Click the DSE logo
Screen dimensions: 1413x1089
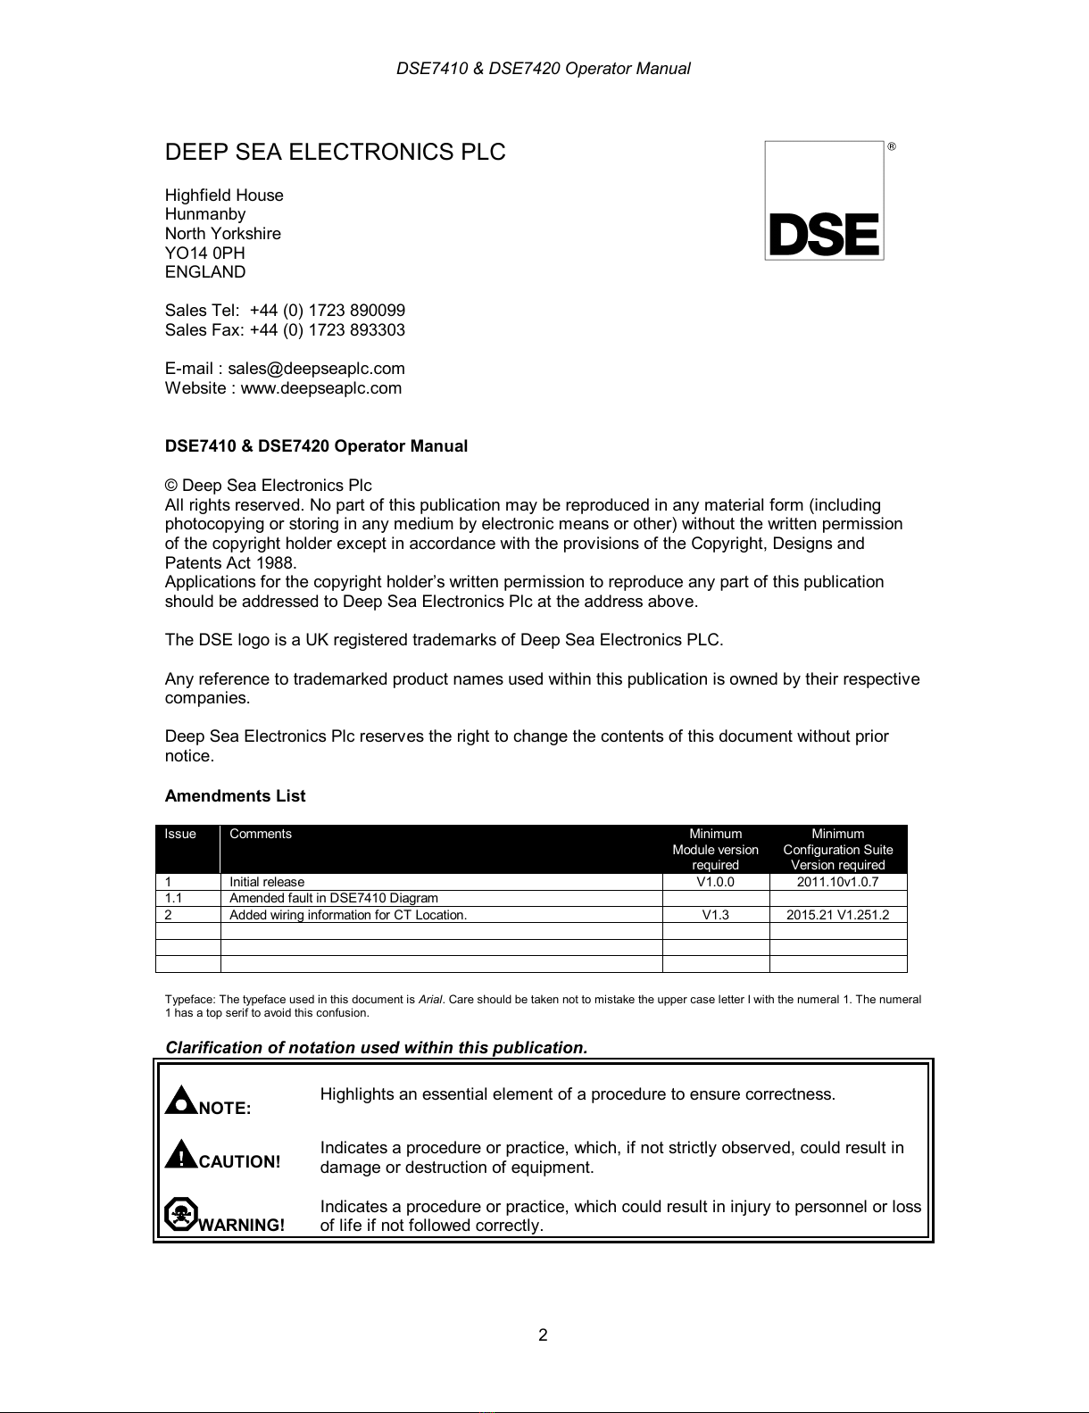pos(824,201)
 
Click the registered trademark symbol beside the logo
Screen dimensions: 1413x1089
pos(891,146)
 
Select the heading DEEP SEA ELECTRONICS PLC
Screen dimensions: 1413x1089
pos(335,153)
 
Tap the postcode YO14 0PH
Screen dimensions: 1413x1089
pos(204,253)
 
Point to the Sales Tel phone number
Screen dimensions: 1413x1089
pos(327,311)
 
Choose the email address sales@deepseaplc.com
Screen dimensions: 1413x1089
pos(316,369)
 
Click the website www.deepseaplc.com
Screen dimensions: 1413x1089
pos(320,388)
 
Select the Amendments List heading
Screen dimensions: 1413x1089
pos(235,796)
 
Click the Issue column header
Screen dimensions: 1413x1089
pos(180,834)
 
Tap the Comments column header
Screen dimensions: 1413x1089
pos(261,834)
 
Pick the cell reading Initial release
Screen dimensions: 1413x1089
pos(267,882)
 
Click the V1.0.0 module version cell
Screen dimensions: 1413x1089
pos(715,882)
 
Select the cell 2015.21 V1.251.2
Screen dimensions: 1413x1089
pos(837,915)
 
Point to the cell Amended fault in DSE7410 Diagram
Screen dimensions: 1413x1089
pos(334,898)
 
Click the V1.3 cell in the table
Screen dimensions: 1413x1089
pos(715,915)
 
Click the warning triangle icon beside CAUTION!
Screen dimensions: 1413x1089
pos(181,1155)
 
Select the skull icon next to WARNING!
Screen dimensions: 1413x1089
pos(180,1215)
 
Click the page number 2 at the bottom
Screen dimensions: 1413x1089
pos(543,1335)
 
